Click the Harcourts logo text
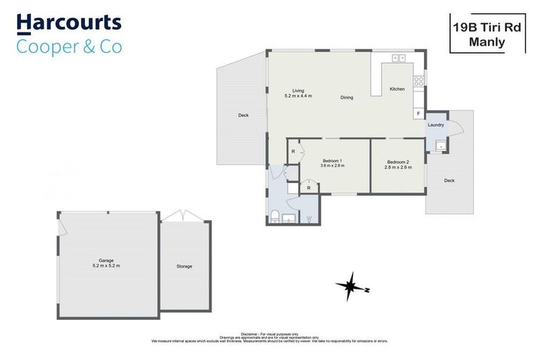click(x=69, y=23)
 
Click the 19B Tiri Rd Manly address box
click(x=487, y=34)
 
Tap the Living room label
click(x=298, y=91)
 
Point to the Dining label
click(x=347, y=98)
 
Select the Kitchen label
click(x=397, y=89)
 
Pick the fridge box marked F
click(x=419, y=113)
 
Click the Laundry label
click(x=435, y=125)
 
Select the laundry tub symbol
click(x=439, y=146)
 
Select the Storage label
click(x=184, y=266)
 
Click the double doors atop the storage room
click(x=184, y=215)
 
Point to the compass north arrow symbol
click(x=350, y=287)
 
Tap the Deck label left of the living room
click(x=243, y=115)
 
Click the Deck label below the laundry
click(x=449, y=181)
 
